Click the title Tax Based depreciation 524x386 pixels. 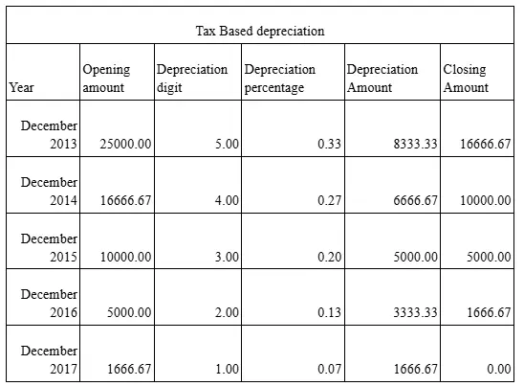[x=259, y=31]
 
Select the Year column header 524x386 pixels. [x=21, y=87]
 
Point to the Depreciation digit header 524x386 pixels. [x=191, y=79]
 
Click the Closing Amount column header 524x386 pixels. [x=466, y=79]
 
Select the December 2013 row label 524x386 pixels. [x=50, y=135]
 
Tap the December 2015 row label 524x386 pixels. [x=50, y=247]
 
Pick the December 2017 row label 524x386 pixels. [x=50, y=359]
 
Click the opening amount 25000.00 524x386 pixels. [x=124, y=145]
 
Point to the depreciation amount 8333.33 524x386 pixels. [x=415, y=145]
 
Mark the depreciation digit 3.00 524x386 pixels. [x=227, y=257]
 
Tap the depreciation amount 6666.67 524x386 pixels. [x=415, y=200]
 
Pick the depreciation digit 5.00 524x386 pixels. [x=227, y=145]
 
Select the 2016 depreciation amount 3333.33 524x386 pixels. [x=415, y=312]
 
